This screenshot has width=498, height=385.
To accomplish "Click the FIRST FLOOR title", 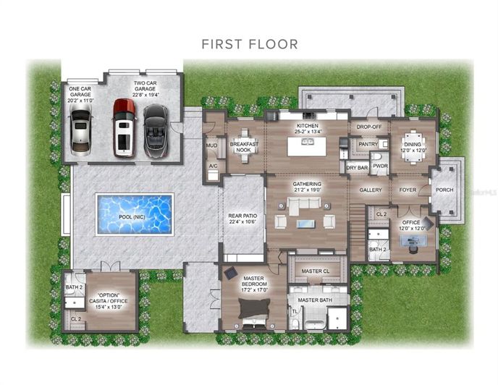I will click(x=249, y=44).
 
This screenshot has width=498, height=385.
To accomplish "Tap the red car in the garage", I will click(x=124, y=129).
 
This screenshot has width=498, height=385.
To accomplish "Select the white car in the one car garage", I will click(x=81, y=133).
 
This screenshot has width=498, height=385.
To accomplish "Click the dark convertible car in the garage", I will click(x=156, y=130).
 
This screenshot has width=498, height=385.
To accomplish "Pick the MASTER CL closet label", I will click(x=316, y=271).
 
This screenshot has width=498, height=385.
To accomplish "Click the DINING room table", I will click(x=414, y=142).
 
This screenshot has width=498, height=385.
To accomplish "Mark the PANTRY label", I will click(x=368, y=144).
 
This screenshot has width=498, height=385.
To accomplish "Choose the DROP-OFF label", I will click(x=369, y=127).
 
